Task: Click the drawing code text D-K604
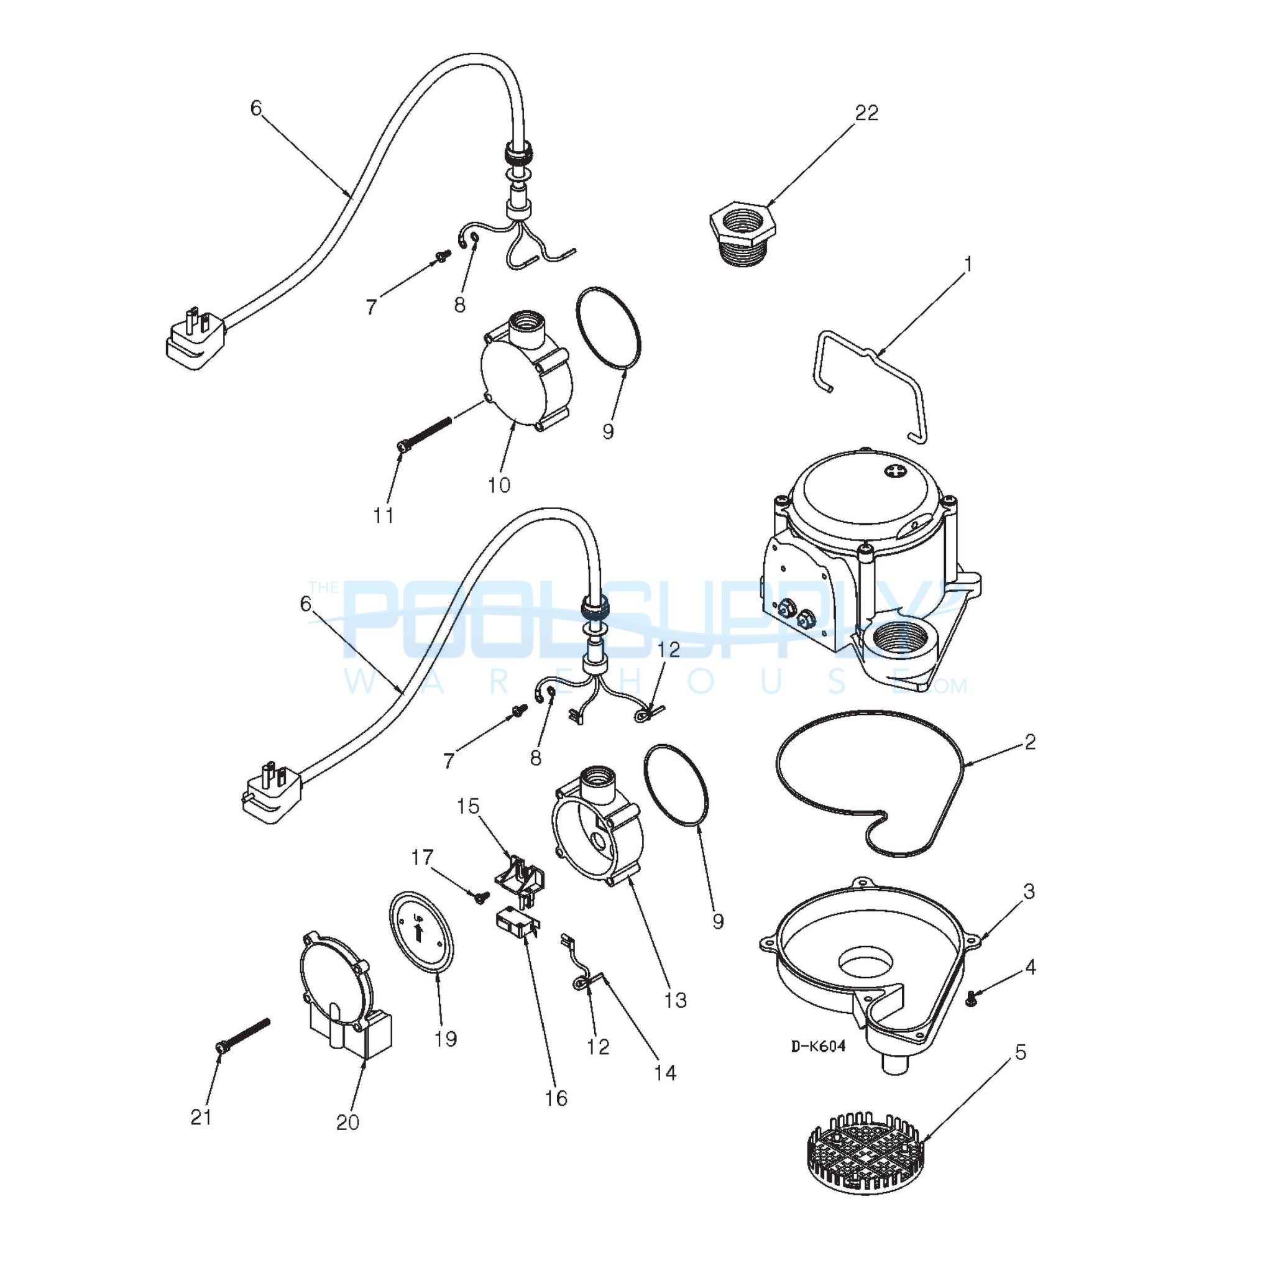(819, 1046)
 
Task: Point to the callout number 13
(676, 1000)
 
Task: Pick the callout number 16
(556, 1098)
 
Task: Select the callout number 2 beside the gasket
(1030, 742)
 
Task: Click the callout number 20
(347, 1122)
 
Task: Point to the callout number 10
(499, 485)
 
